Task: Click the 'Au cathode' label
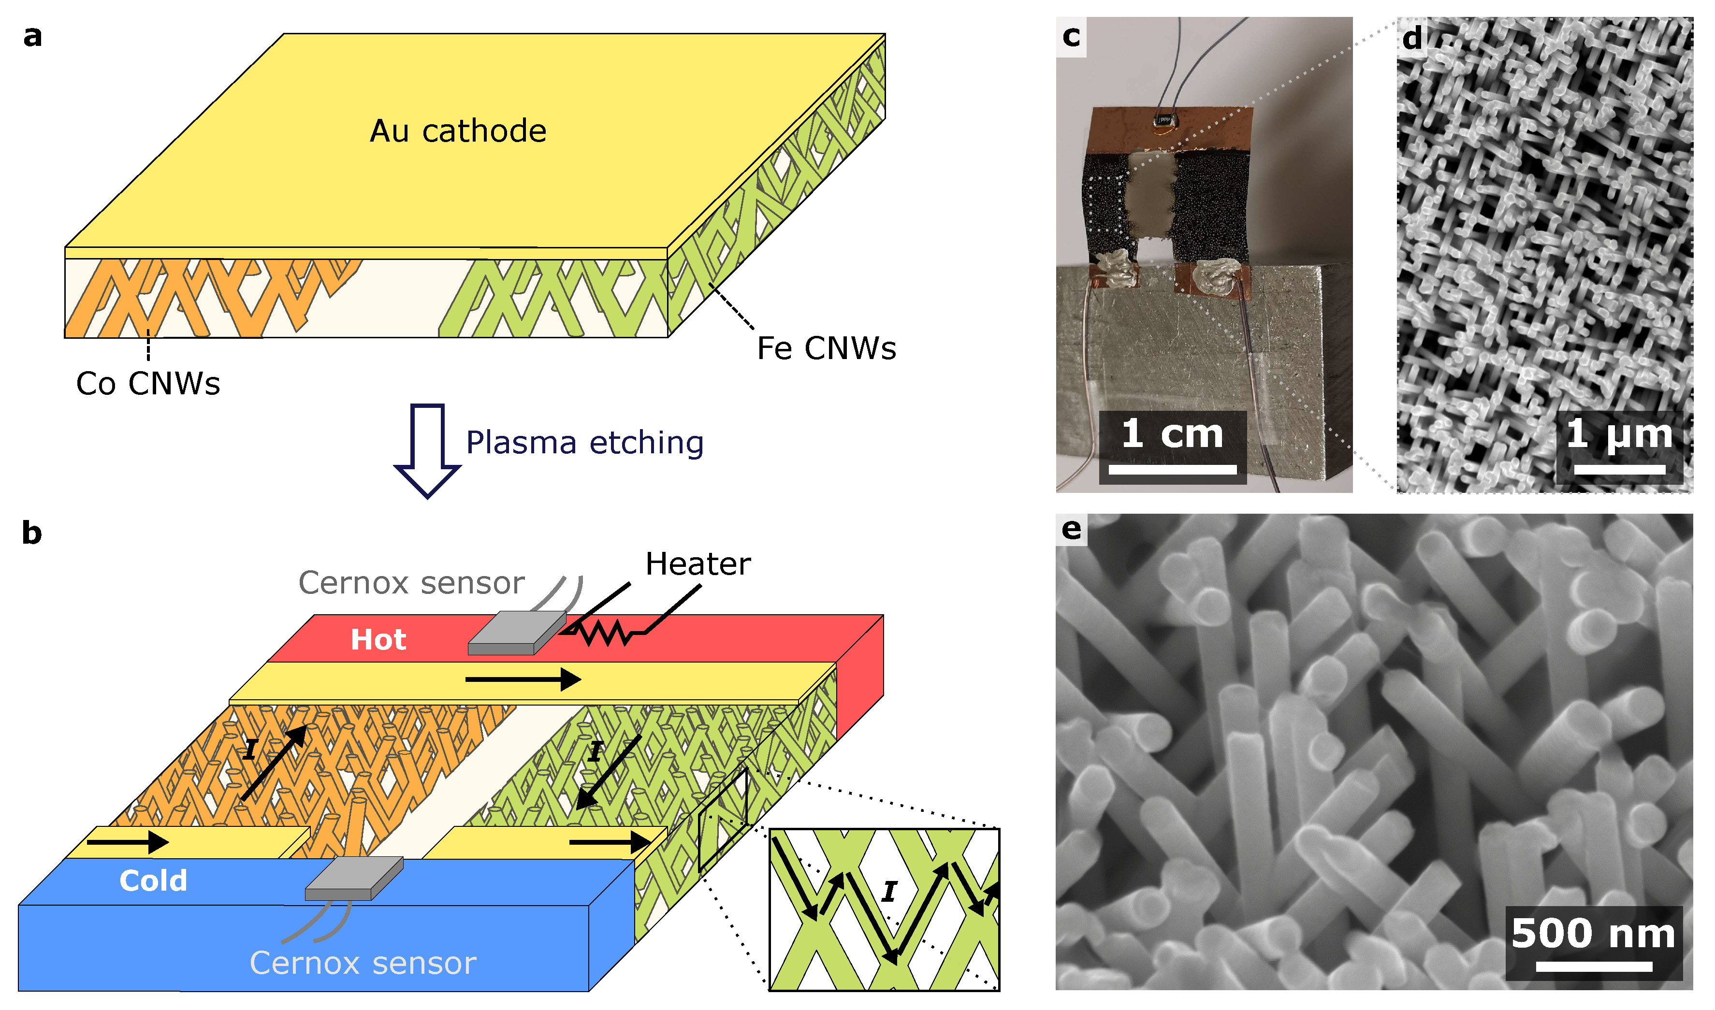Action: click(458, 130)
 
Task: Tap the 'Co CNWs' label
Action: click(148, 384)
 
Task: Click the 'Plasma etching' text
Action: click(584, 442)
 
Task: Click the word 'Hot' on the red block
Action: click(378, 640)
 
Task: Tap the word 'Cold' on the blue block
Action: click(153, 880)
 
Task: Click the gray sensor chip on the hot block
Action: click(517, 633)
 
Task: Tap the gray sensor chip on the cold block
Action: click(354, 878)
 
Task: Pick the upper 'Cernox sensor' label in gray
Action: click(411, 583)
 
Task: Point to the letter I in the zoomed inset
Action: click(889, 892)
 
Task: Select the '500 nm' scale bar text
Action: click(1593, 933)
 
